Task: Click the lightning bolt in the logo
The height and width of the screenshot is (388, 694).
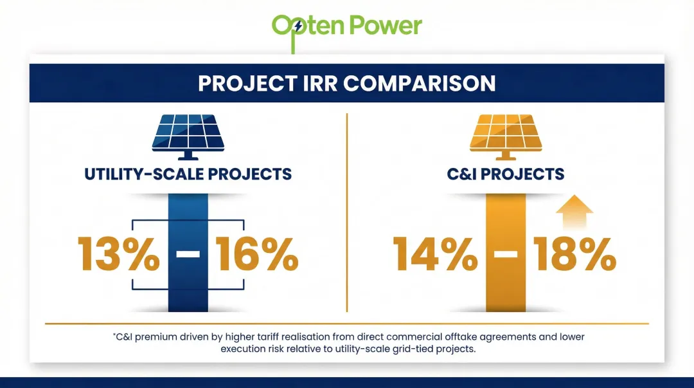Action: click(296, 26)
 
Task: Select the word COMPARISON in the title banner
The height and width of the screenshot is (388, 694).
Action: click(427, 84)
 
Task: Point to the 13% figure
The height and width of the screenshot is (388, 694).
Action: click(118, 254)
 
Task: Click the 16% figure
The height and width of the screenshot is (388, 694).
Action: click(256, 254)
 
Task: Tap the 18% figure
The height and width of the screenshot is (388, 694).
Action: click(574, 254)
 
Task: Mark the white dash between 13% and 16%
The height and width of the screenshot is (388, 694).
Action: click(188, 254)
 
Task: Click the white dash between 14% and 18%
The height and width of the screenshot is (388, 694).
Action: click(506, 254)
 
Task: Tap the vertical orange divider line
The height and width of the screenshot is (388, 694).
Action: click(347, 212)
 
